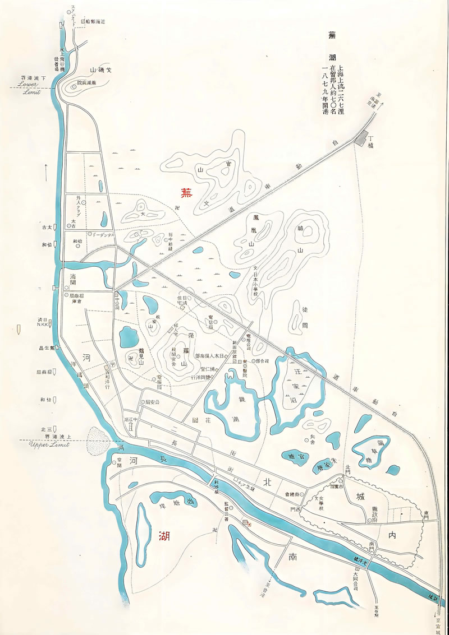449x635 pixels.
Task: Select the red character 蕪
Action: (x=186, y=193)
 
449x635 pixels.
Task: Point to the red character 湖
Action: (x=164, y=536)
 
